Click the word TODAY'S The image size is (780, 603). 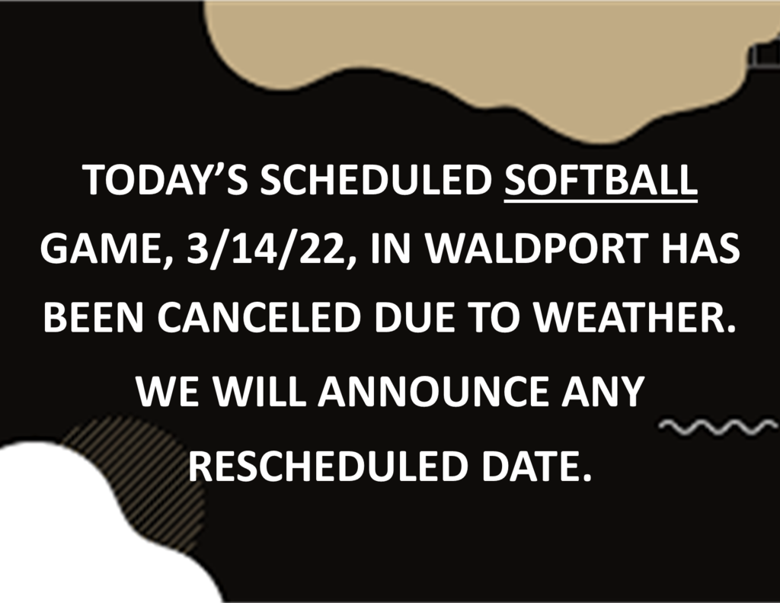click(165, 179)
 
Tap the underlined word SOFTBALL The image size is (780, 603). click(601, 180)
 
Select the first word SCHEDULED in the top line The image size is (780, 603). click(376, 179)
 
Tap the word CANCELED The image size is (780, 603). click(259, 317)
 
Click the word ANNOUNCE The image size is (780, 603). click(433, 391)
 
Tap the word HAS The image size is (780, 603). click(701, 248)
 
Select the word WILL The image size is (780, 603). click(259, 391)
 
